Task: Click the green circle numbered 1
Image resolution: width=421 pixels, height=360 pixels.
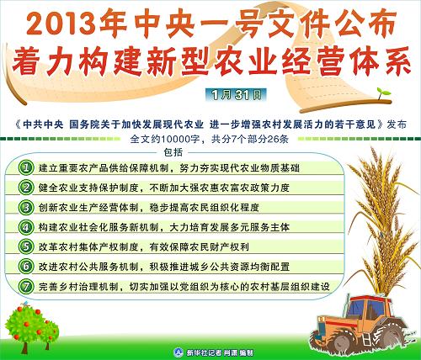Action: [x=26, y=167]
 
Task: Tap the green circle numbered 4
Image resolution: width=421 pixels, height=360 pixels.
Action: [x=26, y=227]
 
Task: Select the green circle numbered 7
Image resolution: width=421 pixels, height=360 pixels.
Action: [x=26, y=286]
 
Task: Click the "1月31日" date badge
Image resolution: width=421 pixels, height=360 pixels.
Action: [x=236, y=95]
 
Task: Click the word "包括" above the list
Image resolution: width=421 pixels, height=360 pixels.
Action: [x=173, y=152]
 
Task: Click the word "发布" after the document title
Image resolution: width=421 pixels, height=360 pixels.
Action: [x=397, y=124]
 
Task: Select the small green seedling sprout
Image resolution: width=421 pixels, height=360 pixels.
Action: [x=383, y=93]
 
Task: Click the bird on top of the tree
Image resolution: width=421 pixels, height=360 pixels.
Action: [x=26, y=304]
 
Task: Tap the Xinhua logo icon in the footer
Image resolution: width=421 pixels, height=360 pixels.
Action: [x=179, y=352]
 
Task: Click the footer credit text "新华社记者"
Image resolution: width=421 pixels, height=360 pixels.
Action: [x=204, y=352]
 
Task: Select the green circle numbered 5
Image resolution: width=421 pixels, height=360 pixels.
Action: [x=26, y=246]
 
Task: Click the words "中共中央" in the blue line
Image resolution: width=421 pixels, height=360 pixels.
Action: [x=43, y=124]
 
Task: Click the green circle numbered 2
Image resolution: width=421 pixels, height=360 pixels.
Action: [x=26, y=188]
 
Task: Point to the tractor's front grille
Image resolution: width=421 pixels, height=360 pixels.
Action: [x=322, y=326]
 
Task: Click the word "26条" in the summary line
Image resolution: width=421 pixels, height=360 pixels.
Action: [x=278, y=139]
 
